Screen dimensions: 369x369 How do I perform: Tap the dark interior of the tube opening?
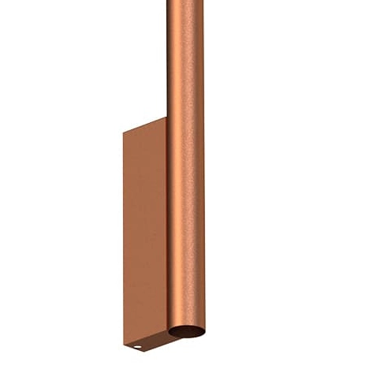(186, 332)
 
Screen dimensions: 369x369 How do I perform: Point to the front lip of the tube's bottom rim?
(187, 338)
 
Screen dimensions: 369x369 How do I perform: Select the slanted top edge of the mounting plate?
(146, 125)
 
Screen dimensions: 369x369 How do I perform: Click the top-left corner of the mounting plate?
(125, 132)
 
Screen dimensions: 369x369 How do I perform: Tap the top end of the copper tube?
(185, 3)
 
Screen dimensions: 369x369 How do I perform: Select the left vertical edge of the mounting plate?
(125, 237)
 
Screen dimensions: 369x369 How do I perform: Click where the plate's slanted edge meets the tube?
(167, 117)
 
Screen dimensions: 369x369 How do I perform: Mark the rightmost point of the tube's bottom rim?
(203, 331)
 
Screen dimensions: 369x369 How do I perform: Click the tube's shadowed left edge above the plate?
(169, 63)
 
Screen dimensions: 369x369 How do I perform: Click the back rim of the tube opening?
(186, 326)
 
